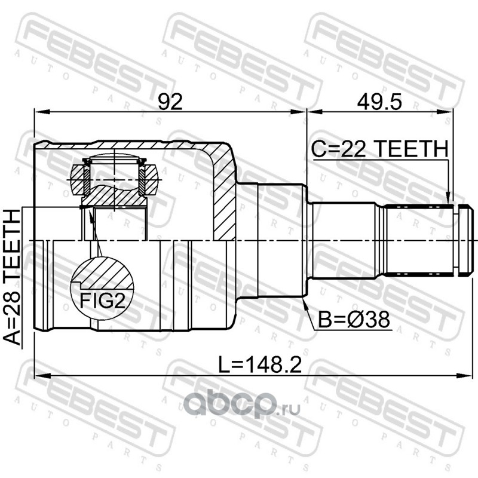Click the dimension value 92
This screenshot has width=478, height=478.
pos(170,102)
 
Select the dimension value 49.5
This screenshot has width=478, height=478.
pos(379,102)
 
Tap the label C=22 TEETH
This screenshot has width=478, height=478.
pos(379,149)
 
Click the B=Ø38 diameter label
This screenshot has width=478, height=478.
pos(354,319)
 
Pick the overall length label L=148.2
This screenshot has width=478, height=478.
pos(261,365)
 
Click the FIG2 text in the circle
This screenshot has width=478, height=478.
pos(102,301)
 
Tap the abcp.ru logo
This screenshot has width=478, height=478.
pos(242,405)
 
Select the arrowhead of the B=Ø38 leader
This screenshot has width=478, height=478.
pos(305,302)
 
